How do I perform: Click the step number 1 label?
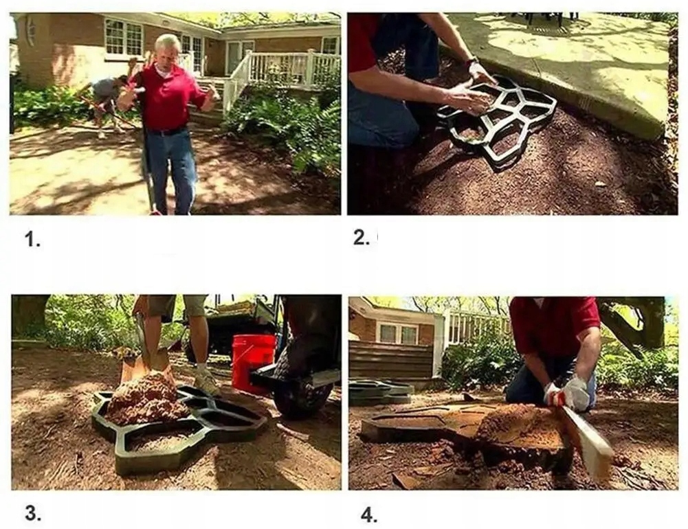[32, 240]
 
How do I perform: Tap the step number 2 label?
[362, 238]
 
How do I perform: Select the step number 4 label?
[369, 515]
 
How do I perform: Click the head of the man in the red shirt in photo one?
[167, 49]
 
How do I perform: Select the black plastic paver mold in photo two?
[498, 122]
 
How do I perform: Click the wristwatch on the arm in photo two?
[473, 61]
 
